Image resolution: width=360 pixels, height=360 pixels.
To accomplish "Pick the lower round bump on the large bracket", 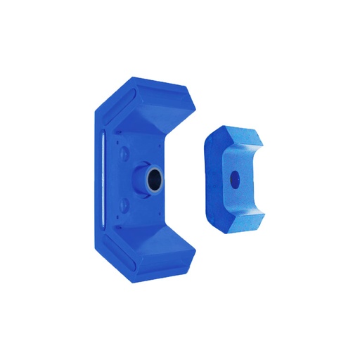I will [x=124, y=205].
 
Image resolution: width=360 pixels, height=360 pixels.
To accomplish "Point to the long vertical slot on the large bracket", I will [x=103, y=179].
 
